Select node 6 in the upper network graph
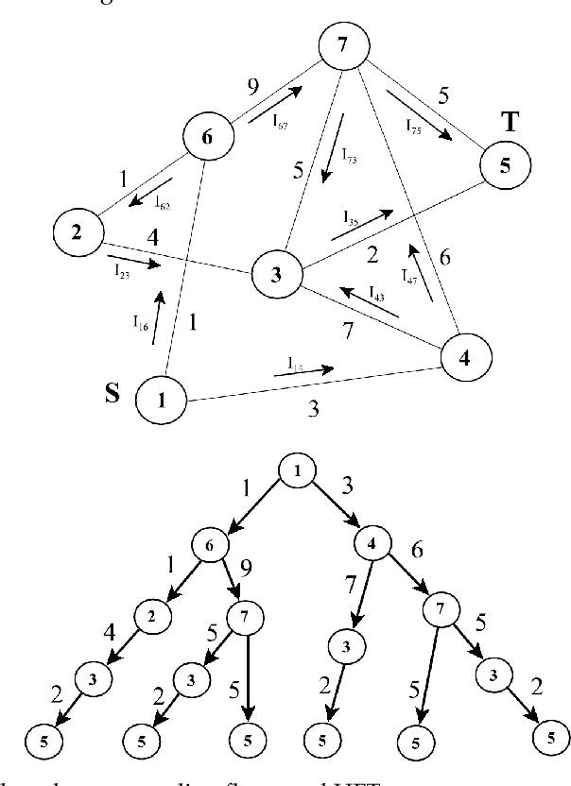[x=207, y=137]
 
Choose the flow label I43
[x=375, y=292]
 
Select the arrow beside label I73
[x=328, y=164]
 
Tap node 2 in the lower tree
[x=150, y=614]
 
